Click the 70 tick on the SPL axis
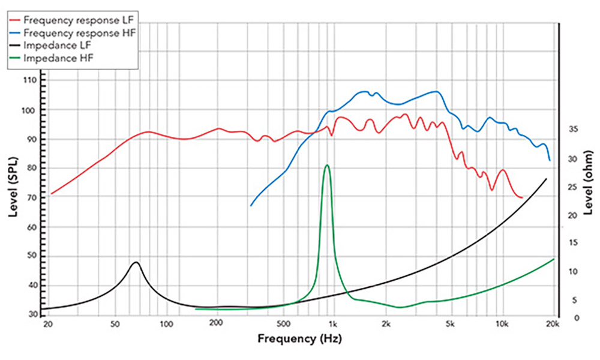31,198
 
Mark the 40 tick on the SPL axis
31,286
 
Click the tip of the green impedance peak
327,165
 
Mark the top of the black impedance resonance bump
136,262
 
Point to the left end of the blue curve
251,206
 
